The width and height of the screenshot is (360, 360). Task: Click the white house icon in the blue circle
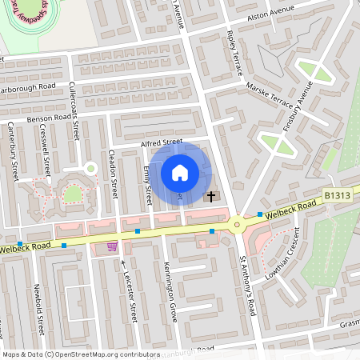180,172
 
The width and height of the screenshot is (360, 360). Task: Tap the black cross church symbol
211,195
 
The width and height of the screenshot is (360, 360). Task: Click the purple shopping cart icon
111,246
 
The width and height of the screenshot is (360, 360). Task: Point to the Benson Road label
50,118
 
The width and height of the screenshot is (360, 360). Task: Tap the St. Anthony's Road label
248,285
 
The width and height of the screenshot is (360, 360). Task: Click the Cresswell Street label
46,155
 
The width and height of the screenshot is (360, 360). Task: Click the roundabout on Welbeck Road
238,224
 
